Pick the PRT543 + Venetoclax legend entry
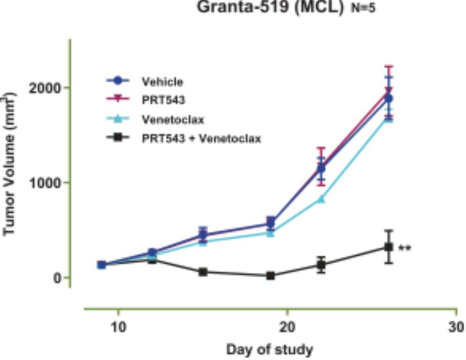tap(201, 138)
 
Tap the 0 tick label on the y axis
tap(58, 278)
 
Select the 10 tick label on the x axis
tap(118, 327)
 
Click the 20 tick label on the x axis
tap(287, 327)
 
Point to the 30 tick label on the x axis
tap(455, 327)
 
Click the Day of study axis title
tap(269, 349)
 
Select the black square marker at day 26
tap(389, 247)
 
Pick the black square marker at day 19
tap(271, 276)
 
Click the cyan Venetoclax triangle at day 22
tap(321, 199)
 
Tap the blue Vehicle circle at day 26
tap(389, 99)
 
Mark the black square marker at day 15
tap(203, 272)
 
